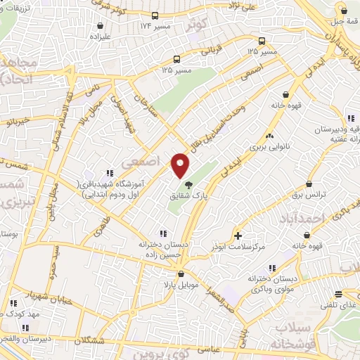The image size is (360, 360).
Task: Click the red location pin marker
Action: pos(181,165)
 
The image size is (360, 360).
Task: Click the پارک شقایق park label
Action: pos(189,196)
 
